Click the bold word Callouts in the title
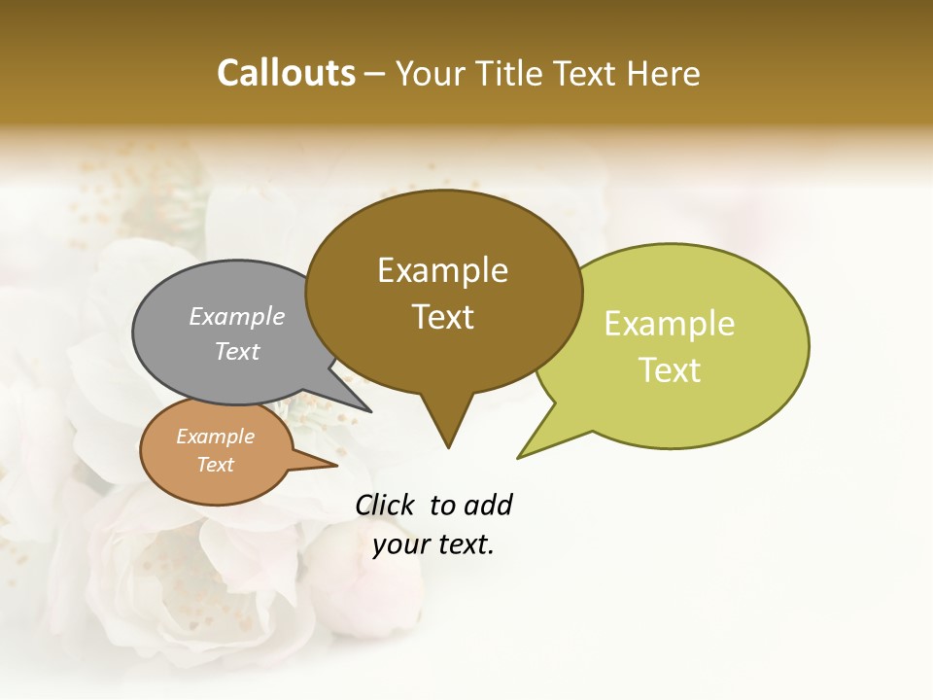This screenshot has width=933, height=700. pos(286,73)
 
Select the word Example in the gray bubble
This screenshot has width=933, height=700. pos(237,316)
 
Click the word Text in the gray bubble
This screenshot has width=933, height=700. pos(237,351)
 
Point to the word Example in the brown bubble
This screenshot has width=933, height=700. pos(442,270)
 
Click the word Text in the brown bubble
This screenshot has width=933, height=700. pos(443,316)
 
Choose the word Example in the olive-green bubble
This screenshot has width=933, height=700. pos(670,324)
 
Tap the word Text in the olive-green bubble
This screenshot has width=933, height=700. pos(671,369)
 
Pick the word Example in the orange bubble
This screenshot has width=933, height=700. pos(215,437)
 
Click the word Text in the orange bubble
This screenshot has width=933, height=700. pos(215,465)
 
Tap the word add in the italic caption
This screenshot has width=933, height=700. pos(487,505)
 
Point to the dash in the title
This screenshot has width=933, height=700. pos(375,74)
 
